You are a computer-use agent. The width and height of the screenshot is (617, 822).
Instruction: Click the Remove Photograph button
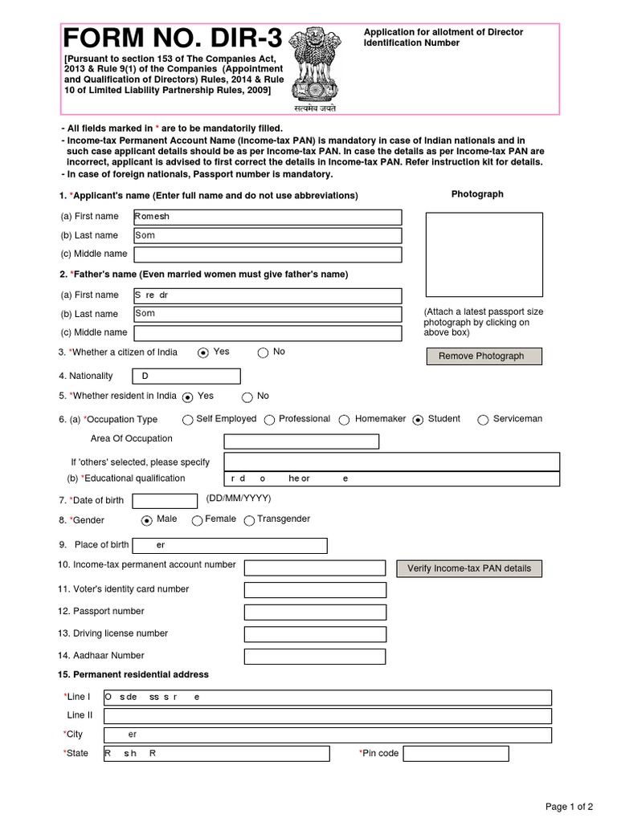tap(483, 356)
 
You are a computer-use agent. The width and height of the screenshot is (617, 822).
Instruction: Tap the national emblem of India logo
tap(314, 67)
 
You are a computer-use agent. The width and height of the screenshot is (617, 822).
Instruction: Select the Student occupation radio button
tap(418, 420)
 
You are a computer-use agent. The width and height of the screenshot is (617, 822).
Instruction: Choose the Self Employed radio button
tap(188, 420)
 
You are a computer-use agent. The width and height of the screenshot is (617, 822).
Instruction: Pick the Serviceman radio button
tap(483, 420)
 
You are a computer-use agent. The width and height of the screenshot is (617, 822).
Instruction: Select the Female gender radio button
tap(197, 521)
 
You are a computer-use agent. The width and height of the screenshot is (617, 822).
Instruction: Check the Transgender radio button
tap(249, 521)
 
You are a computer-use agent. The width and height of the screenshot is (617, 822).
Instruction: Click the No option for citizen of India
tap(263, 352)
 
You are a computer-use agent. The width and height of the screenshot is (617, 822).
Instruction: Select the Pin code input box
tap(455, 754)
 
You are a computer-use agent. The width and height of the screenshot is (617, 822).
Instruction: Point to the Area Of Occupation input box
tap(300, 442)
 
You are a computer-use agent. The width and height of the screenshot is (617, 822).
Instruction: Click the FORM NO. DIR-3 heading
tap(171, 39)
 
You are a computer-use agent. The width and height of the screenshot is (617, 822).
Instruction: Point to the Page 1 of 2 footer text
tap(570, 807)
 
